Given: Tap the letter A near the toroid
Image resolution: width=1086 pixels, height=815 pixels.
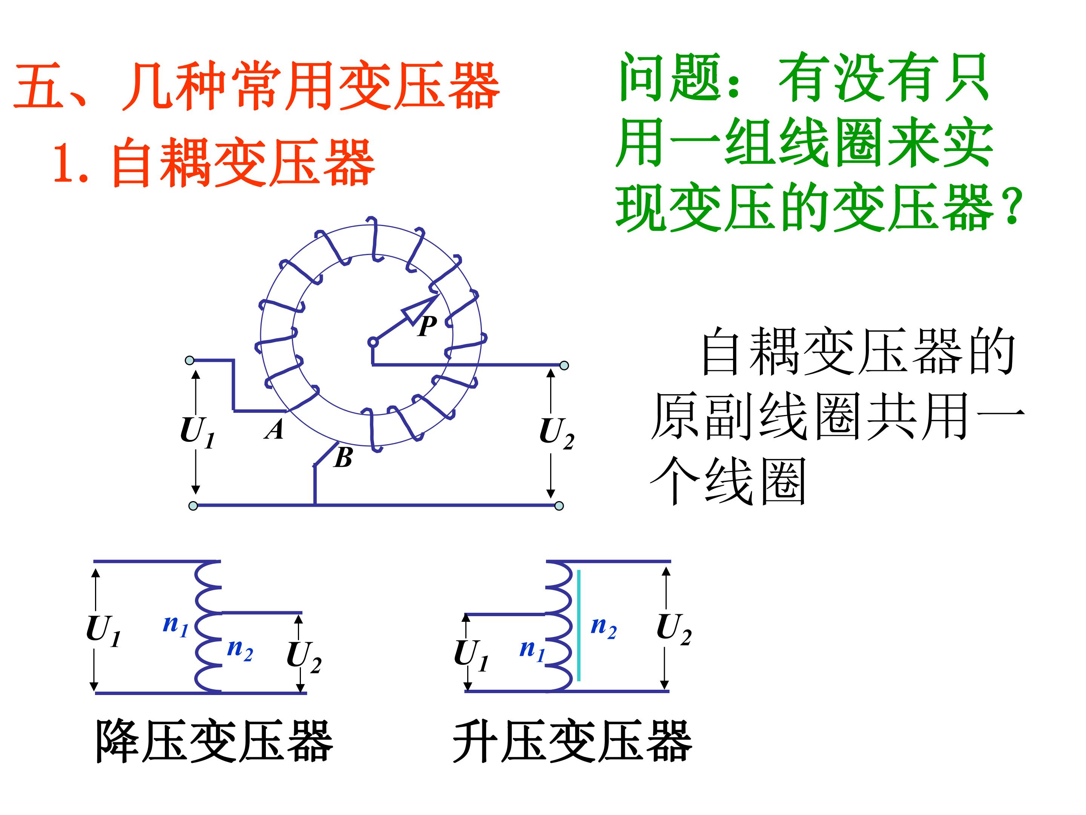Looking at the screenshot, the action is click(x=275, y=429).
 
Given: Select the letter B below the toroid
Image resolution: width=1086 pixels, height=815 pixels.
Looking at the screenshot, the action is click(x=343, y=458).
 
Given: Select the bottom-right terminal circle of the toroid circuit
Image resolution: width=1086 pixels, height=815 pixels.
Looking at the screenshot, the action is click(x=559, y=506).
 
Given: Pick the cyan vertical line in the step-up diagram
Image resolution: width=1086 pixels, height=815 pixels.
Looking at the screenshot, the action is click(x=579, y=625).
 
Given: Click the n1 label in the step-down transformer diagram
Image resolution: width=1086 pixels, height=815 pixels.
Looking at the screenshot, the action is click(x=176, y=625).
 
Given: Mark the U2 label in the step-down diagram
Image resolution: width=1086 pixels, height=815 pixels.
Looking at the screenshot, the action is click(x=304, y=657).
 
